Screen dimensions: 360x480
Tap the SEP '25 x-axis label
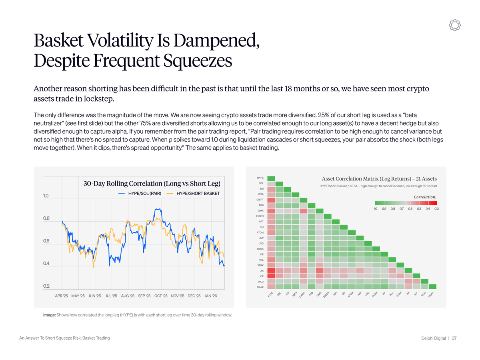pos(144,296)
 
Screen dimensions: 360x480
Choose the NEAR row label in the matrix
pos(260,287)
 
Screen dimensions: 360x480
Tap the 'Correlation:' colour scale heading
pos(425,197)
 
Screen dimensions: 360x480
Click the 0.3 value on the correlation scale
pos(436,208)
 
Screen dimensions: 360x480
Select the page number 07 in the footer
pos(454,338)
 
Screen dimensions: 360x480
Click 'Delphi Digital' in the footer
pos(434,338)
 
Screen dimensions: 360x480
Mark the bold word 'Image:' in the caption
pos(50,315)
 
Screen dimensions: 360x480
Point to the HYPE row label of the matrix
pos(260,178)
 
